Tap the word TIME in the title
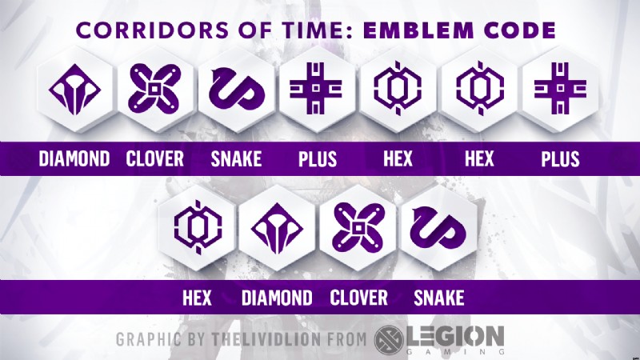(x=310, y=30)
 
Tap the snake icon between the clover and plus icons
(x=236, y=90)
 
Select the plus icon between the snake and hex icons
(x=316, y=88)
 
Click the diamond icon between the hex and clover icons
(x=277, y=229)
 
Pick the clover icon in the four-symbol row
(x=358, y=227)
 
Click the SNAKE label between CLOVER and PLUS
(x=236, y=158)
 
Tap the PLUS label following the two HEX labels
(x=561, y=158)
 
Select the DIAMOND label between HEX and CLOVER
(x=277, y=298)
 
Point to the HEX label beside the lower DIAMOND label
(x=197, y=298)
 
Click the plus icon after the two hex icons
(x=561, y=88)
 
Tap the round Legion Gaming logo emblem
(x=389, y=339)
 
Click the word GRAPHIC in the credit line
(x=148, y=339)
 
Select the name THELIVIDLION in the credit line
(x=266, y=339)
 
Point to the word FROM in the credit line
(x=347, y=339)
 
